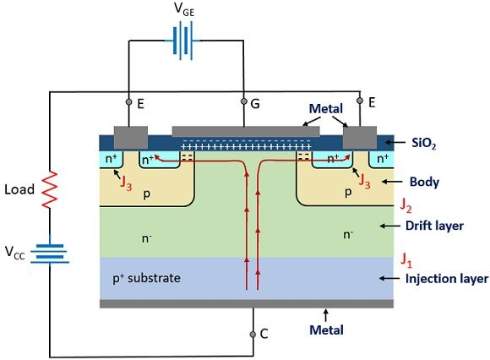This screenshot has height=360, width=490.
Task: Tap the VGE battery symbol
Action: pos(183,40)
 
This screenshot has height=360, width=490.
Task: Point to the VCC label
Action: pos(17,253)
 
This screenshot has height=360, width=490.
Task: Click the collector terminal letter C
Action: pos(264,335)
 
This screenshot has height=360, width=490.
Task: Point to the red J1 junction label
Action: pos(406,256)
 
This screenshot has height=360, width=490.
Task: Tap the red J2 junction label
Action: pos(406,205)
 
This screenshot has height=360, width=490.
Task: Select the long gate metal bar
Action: pos(240,131)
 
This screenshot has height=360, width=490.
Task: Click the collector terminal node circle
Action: pos(252,335)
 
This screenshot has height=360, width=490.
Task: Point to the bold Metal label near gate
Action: pos(325,109)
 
